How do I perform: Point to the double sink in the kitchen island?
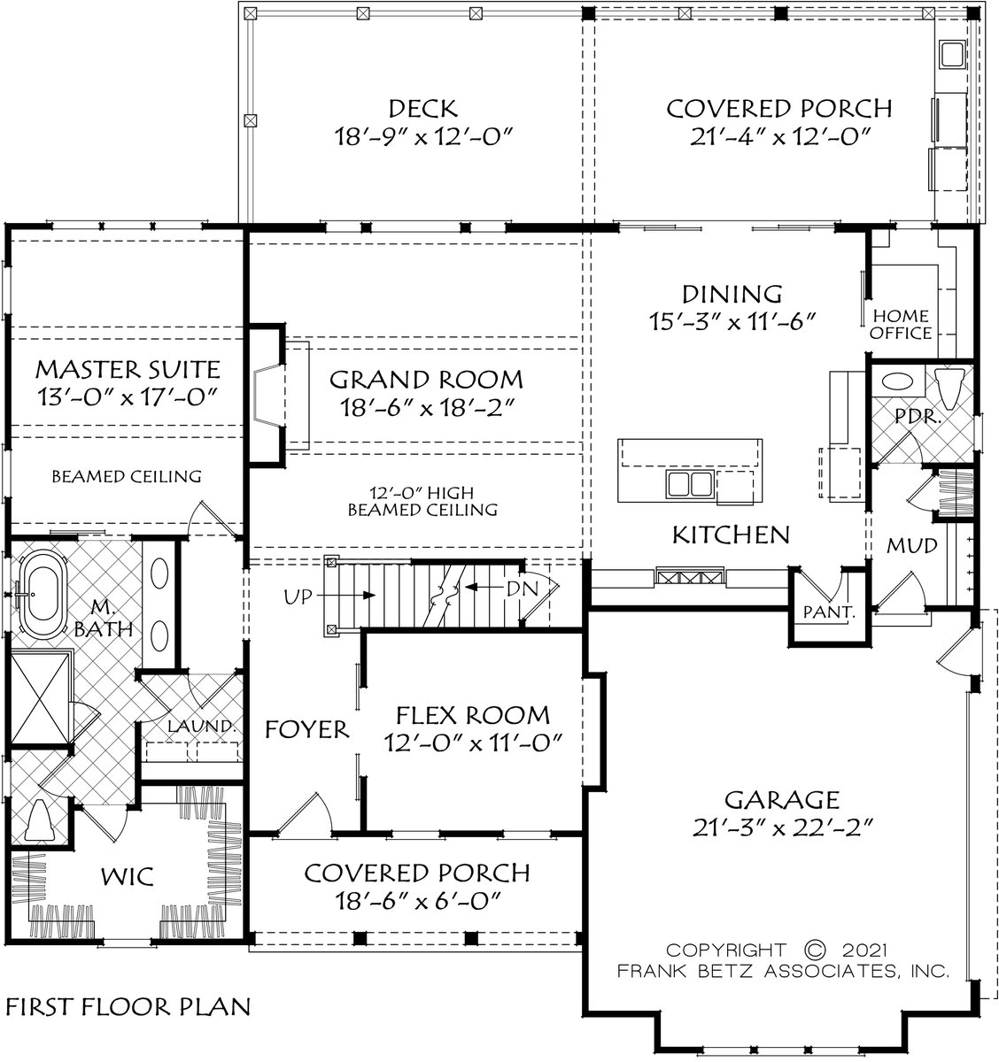[688, 483]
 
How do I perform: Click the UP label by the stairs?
[298, 596]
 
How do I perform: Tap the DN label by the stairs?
[522, 589]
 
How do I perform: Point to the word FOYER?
[307, 729]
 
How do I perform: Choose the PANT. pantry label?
[828, 612]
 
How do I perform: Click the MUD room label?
[912, 545]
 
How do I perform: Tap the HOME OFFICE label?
[901, 325]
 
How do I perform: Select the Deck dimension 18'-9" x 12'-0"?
[424, 137]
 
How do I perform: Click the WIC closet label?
[128, 876]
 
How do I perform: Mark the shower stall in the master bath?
[42, 697]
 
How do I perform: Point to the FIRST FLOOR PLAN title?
[128, 1006]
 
